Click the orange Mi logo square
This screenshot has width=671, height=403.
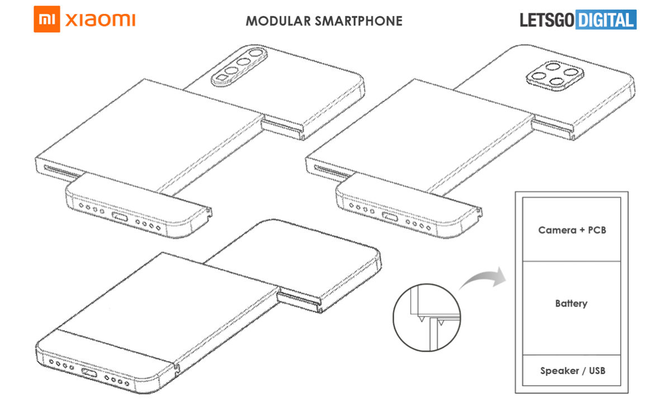pyautogui.click(x=47, y=19)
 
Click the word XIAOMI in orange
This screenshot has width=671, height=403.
pyautogui.click(x=100, y=20)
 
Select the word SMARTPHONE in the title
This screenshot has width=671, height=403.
pyautogui.click(x=358, y=21)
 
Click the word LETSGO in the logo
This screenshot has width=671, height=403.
pyautogui.click(x=547, y=20)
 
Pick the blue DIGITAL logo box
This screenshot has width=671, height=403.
pyautogui.click(x=606, y=20)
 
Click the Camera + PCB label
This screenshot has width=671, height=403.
pyautogui.click(x=572, y=230)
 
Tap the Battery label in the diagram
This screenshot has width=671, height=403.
pyautogui.click(x=571, y=303)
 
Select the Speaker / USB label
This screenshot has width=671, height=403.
pyautogui.click(x=573, y=371)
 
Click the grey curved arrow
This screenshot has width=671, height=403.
pyautogui.click(x=483, y=278)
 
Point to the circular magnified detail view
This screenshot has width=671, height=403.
pyautogui.click(x=427, y=318)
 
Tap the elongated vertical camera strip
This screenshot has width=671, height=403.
pyautogui.click(x=239, y=66)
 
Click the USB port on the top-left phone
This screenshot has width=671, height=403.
pyautogui.click(x=120, y=217)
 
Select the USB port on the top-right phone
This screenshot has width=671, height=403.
pyautogui.click(x=390, y=217)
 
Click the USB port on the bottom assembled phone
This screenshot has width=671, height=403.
pyautogui.click(x=89, y=373)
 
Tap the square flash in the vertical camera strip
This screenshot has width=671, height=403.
pyautogui.click(x=221, y=78)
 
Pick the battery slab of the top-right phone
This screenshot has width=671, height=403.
pyautogui.click(x=419, y=135)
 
